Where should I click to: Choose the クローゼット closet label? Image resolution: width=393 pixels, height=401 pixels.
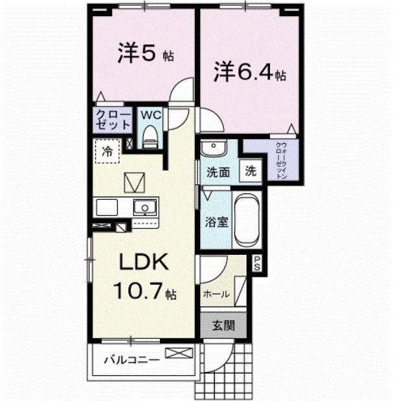(112, 120)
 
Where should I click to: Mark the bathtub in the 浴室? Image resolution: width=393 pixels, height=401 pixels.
(245, 221)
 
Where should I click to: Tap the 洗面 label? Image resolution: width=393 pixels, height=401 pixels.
(218, 173)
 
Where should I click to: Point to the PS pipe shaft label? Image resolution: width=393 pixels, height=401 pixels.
(256, 264)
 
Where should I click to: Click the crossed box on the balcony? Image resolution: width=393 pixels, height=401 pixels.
(179, 353)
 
